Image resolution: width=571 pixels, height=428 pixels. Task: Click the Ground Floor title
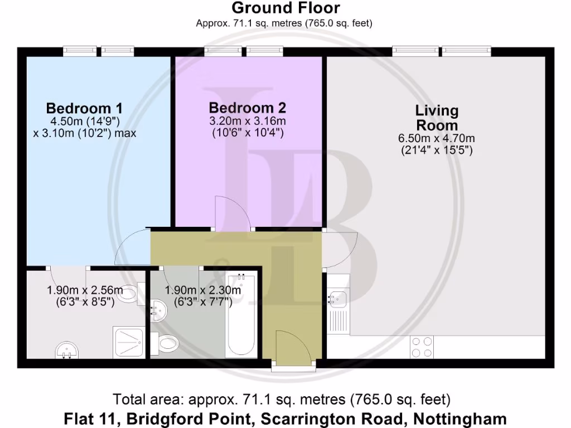point(285,8)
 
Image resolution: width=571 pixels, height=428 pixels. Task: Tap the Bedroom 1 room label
point(84,108)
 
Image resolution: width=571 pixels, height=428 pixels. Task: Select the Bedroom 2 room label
point(247,108)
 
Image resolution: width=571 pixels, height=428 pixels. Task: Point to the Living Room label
point(436,118)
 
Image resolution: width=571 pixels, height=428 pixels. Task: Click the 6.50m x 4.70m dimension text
point(437,138)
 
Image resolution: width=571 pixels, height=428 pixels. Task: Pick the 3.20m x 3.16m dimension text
point(248,121)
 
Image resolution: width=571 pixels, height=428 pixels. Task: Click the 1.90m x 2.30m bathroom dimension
point(203,290)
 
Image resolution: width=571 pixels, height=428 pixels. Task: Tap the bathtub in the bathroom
point(242,315)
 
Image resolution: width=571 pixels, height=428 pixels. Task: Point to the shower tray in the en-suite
point(128,341)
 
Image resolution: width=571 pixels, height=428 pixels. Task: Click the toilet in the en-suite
point(130,293)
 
